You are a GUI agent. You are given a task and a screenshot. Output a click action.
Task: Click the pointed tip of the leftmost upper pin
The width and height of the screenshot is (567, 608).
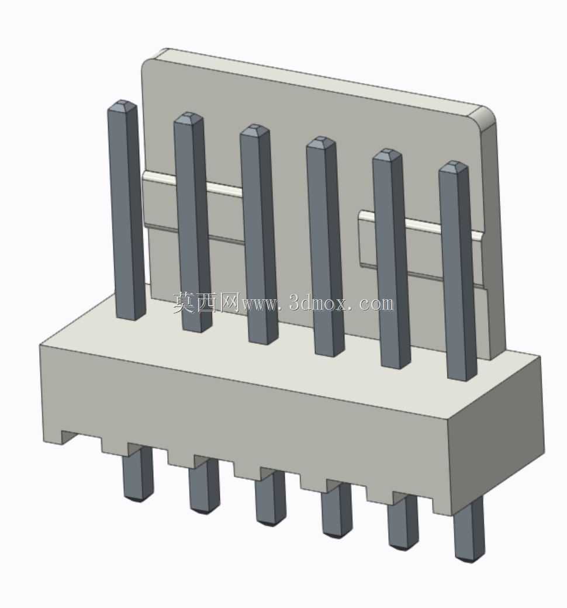[122, 102]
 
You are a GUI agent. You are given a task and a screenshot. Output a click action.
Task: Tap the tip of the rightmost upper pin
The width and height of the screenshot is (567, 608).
[454, 163]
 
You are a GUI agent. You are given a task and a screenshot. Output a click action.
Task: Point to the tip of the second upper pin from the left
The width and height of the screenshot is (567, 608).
[188, 115]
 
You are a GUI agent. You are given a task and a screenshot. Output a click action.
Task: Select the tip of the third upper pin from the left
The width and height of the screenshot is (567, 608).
[254, 127]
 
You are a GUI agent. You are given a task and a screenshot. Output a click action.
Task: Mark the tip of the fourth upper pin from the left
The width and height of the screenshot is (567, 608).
[321, 139]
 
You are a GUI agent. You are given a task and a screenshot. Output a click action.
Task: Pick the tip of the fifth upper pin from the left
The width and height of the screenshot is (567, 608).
[387, 151]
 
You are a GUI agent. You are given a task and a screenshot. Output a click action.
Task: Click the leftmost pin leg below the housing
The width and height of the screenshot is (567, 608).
[138, 472]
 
